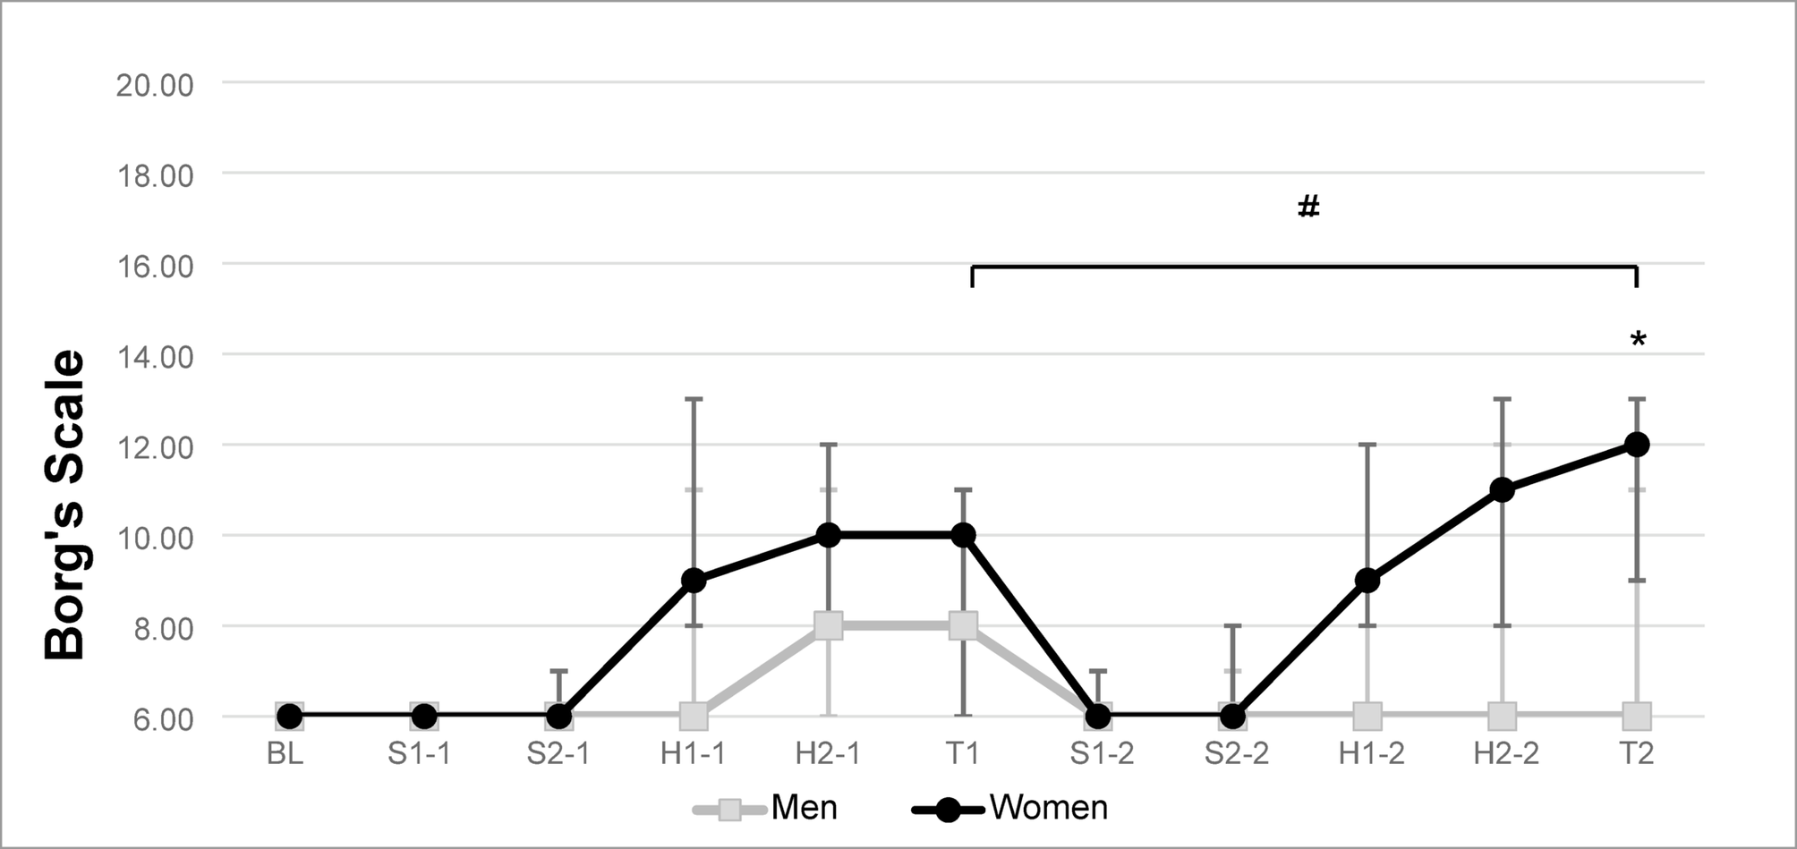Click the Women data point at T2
click(x=1637, y=445)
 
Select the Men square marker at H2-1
click(x=829, y=625)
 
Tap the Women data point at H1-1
click(x=694, y=581)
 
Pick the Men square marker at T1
click(x=963, y=625)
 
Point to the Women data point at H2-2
click(x=1503, y=489)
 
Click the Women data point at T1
click(x=963, y=535)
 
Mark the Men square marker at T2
click(x=1637, y=716)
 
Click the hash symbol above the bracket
click(x=1308, y=207)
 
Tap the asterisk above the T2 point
click(x=1638, y=340)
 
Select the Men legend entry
click(x=767, y=809)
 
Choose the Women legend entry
click(x=1011, y=809)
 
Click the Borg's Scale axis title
click(x=64, y=505)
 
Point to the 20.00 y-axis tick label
click(x=155, y=86)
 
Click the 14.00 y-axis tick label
click(x=155, y=357)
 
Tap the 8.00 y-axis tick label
click(x=162, y=628)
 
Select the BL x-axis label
click(x=285, y=754)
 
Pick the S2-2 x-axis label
click(x=1236, y=754)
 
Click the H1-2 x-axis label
click(x=1371, y=754)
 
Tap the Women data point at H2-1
click(x=829, y=535)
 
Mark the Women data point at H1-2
click(x=1367, y=581)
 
